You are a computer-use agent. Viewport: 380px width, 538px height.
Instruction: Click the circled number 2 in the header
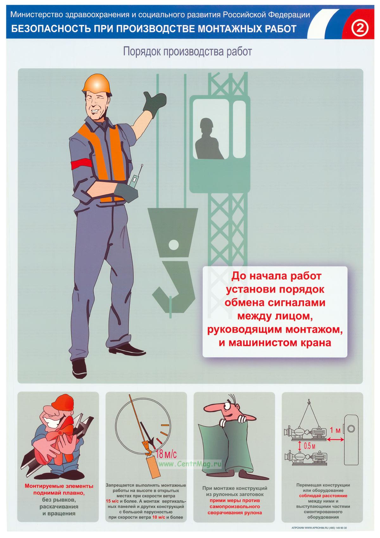coord(359,28)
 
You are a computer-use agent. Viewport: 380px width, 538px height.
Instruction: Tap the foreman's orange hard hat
coord(97,84)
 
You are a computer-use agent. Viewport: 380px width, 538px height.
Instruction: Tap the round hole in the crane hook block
coord(174,245)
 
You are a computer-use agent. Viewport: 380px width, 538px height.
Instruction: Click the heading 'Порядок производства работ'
coord(187,52)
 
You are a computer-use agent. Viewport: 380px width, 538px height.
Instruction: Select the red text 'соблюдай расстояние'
coord(323,496)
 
